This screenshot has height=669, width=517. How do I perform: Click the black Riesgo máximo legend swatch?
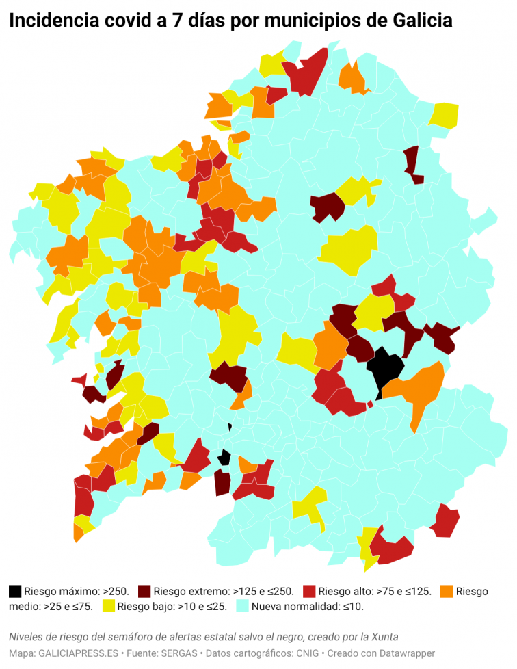[x=15, y=591]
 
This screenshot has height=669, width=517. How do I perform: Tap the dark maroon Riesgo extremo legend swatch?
[x=144, y=591]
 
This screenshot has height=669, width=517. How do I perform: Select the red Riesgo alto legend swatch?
[x=309, y=591]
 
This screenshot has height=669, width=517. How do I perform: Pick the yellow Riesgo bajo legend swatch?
[x=109, y=606]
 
